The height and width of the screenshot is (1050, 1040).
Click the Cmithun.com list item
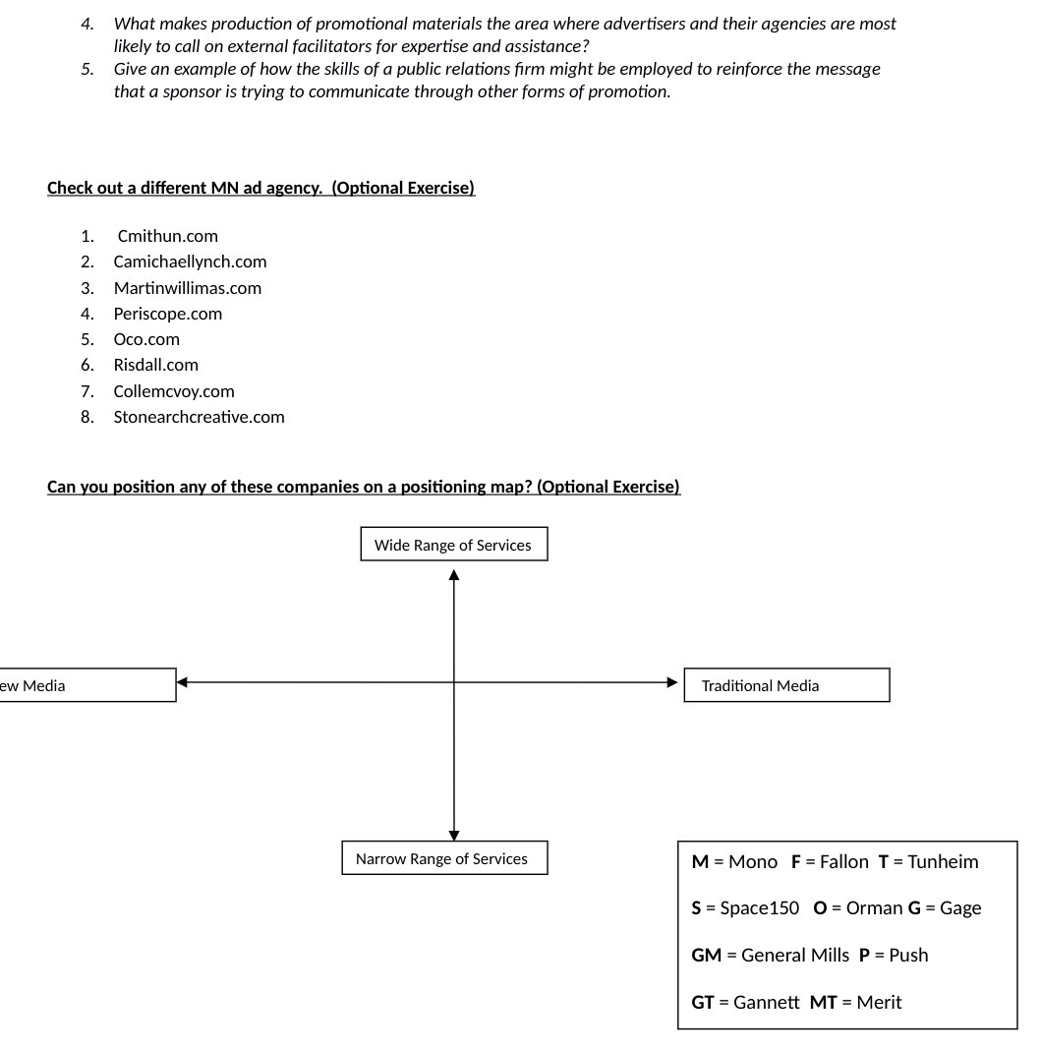[x=167, y=236]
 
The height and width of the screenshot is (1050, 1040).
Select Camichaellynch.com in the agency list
[x=190, y=262]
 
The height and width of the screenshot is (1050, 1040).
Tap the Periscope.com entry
[x=167, y=314]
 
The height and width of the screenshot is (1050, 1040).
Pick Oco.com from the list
[x=146, y=339]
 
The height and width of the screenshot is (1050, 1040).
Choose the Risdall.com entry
[x=155, y=365]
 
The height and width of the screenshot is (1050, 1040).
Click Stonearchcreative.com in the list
[x=199, y=417]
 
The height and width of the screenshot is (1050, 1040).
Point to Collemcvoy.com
[x=174, y=391]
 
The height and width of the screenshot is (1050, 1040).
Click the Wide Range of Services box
[x=453, y=545]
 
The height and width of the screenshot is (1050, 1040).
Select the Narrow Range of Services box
[x=443, y=858]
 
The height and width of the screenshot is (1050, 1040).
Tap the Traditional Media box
[x=785, y=685]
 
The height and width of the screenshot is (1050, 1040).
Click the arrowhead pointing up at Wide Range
[x=454, y=575]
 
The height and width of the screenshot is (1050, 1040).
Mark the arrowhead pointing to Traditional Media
[x=672, y=682]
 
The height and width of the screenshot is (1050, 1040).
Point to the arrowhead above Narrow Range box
[x=454, y=834]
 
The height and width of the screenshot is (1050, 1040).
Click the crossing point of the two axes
[x=454, y=682]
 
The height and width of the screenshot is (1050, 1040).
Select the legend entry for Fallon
[x=830, y=862]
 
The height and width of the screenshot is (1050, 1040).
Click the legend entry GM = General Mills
[x=770, y=956]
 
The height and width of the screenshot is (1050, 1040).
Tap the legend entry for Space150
[x=745, y=908]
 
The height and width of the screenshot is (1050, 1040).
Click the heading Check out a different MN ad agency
[x=260, y=188]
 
